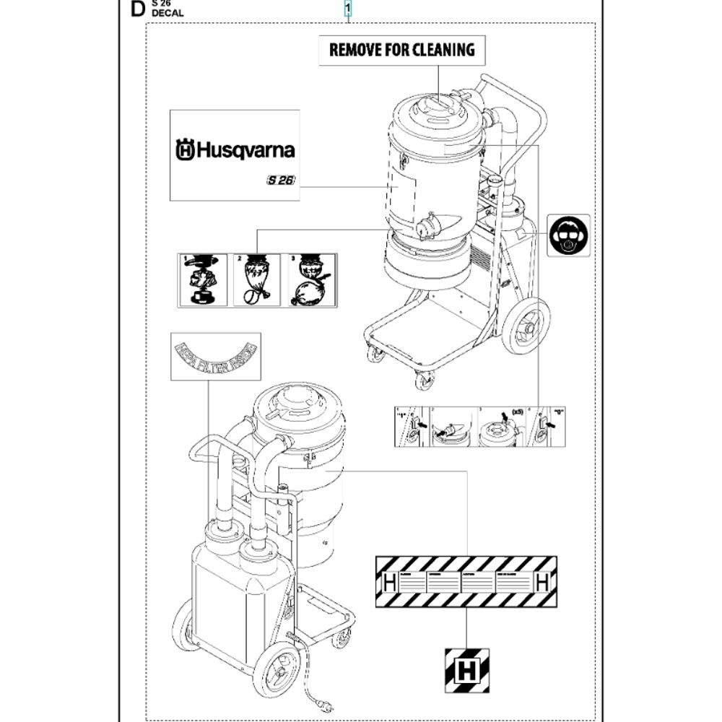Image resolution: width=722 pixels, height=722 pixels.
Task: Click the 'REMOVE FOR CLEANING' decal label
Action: tap(401, 50)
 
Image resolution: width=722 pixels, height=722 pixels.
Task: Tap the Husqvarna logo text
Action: tap(235, 150)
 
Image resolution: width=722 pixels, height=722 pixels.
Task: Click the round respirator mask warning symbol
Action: tap(568, 235)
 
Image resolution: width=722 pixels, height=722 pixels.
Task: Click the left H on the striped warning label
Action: tap(388, 582)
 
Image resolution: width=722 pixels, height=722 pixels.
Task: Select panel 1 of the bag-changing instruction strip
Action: tap(203, 280)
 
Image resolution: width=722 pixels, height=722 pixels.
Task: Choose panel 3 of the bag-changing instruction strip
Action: tap(311, 280)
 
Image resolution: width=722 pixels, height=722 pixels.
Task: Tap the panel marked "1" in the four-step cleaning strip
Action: tap(411, 427)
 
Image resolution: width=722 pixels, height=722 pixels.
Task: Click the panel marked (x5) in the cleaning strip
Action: tap(503, 427)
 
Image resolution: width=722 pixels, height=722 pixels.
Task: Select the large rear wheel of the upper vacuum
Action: tap(525, 326)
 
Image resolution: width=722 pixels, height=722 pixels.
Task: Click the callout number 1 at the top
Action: tap(348, 9)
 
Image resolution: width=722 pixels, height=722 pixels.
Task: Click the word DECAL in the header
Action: tap(168, 13)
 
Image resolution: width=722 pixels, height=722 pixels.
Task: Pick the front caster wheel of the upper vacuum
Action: tap(424, 378)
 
